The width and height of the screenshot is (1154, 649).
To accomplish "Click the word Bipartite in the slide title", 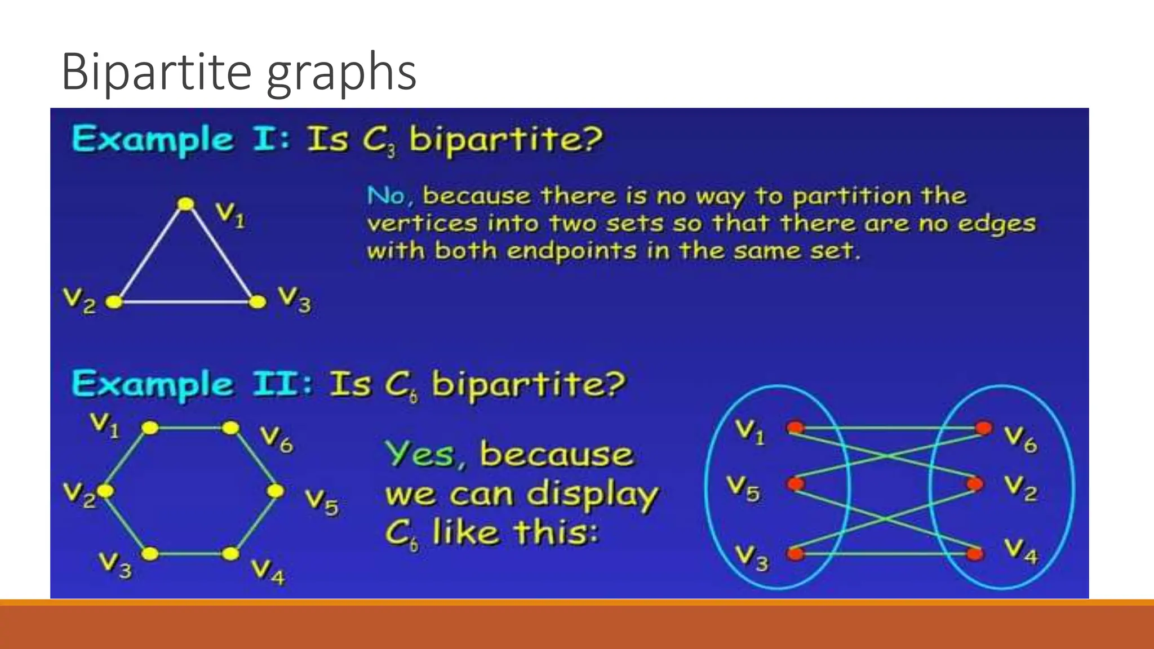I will pos(156,72).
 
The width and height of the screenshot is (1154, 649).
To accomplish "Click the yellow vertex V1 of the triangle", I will pos(185,204).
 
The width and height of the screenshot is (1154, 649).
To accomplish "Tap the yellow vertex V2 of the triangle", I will pos(114,302).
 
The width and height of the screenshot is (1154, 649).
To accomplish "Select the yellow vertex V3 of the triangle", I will pos(258,302).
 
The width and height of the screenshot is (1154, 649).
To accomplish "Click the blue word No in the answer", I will pos(386,196).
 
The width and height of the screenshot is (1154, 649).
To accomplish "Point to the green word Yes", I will pos(420,454).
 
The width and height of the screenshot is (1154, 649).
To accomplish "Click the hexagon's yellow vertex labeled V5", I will pos(276,491).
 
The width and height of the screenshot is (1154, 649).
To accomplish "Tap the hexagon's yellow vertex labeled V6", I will pos(230,428).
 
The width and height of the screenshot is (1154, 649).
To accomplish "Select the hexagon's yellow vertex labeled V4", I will pos(230,554).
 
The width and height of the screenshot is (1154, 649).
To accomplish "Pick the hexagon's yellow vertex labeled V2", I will pos(105,491).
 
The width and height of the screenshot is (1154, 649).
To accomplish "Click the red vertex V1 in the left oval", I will pos(796,428).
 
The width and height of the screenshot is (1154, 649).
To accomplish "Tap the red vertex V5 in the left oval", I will pos(796,483).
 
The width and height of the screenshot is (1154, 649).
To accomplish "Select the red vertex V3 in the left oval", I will pos(796,554).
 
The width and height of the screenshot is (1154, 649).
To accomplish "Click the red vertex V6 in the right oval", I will pos(983,428).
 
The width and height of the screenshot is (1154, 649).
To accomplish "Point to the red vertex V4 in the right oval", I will pos(975,554).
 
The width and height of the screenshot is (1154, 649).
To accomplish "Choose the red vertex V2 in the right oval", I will pos(975,483).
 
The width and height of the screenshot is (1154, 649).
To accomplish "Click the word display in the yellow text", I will pos(592,495).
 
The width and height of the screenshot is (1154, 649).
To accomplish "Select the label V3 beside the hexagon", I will pos(116,565).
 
